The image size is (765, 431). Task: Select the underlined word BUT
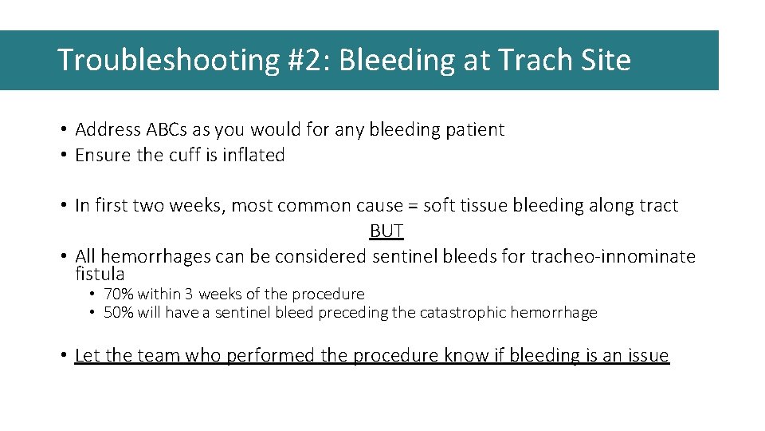[386, 231]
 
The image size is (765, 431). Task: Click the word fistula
[100, 274]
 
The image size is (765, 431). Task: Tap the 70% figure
[118, 294]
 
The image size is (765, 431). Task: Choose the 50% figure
[118, 312]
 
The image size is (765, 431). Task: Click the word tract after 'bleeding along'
[659, 206]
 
